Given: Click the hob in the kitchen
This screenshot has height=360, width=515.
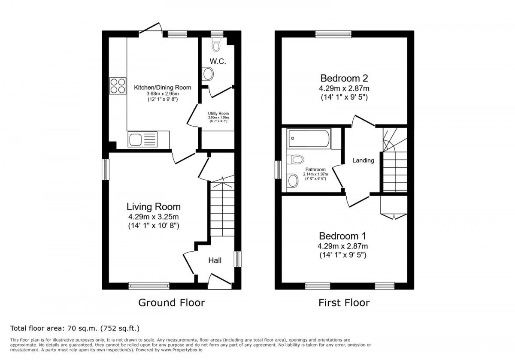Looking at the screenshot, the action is pos(118,86).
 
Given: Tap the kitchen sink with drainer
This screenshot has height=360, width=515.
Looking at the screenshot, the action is pos(142,139).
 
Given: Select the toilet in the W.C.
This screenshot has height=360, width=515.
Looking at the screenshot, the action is pos(216,45).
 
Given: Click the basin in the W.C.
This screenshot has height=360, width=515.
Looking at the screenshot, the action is pos(208,74).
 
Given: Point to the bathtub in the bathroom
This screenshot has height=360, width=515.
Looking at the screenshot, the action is pos(309,139).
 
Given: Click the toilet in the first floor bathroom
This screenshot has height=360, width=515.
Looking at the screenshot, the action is pos(295,159).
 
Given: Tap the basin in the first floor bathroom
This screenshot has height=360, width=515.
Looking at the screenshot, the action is pos(292,181).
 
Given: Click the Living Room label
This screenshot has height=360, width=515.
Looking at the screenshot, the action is pos(154,207).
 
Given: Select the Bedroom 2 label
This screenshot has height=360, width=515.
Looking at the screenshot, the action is pos(344,78).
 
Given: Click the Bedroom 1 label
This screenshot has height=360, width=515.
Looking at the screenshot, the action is pos(342,236).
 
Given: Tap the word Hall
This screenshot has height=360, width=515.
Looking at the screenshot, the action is pos(215,260).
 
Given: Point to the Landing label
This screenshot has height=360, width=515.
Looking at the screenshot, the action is pos(363,160).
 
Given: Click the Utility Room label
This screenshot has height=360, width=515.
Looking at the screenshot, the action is pos(218,114).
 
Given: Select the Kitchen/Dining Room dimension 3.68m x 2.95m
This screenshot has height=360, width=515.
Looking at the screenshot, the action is pos(163,94).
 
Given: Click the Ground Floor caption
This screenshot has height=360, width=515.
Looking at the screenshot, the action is pos(172,303).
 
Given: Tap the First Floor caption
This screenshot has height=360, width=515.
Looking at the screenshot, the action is pos(344,303).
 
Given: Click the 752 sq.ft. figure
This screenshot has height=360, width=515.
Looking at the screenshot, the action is pos(120,328).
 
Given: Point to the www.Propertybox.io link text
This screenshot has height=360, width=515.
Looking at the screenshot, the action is pos(182,350).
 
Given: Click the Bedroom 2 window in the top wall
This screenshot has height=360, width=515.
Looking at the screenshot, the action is pos(333,34).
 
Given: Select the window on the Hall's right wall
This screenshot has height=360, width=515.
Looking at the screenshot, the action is pos(238,259).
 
